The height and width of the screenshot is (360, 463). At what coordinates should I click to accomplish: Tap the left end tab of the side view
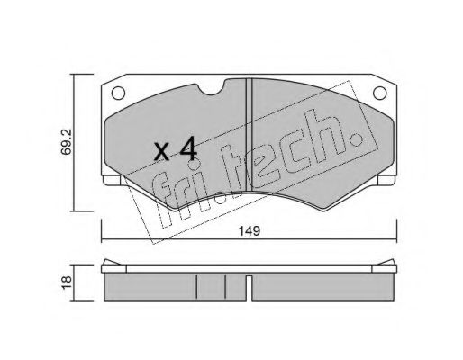coord(108,263)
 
